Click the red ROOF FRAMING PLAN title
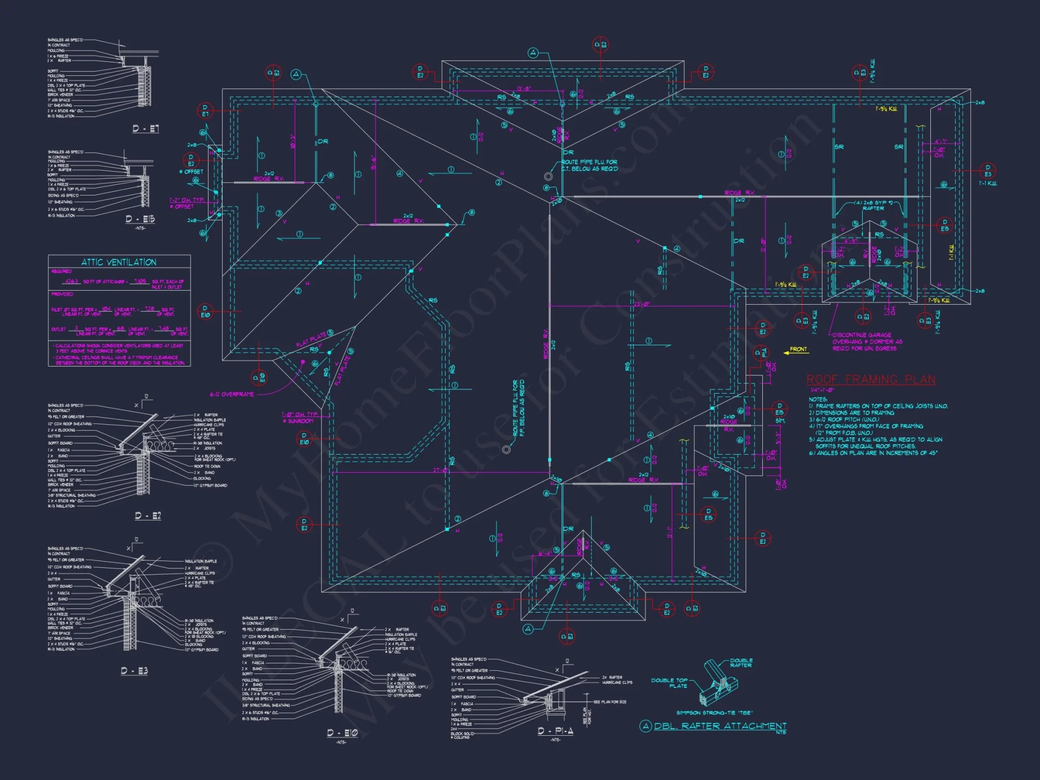(x=870, y=380)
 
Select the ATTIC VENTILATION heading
(x=119, y=262)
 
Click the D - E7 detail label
(x=146, y=128)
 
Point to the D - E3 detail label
(x=134, y=671)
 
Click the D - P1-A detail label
(x=555, y=731)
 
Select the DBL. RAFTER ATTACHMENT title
(x=720, y=726)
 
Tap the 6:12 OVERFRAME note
(x=232, y=394)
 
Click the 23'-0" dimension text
(x=642, y=304)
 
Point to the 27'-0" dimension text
(x=440, y=470)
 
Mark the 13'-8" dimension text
(x=524, y=89)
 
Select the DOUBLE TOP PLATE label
(x=669, y=683)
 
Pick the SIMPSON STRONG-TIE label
(x=714, y=713)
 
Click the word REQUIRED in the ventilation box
(x=61, y=271)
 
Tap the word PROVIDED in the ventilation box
(x=62, y=294)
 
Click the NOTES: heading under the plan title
(x=818, y=399)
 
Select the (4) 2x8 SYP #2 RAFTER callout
(x=873, y=205)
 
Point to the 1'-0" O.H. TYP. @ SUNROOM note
(x=300, y=418)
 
